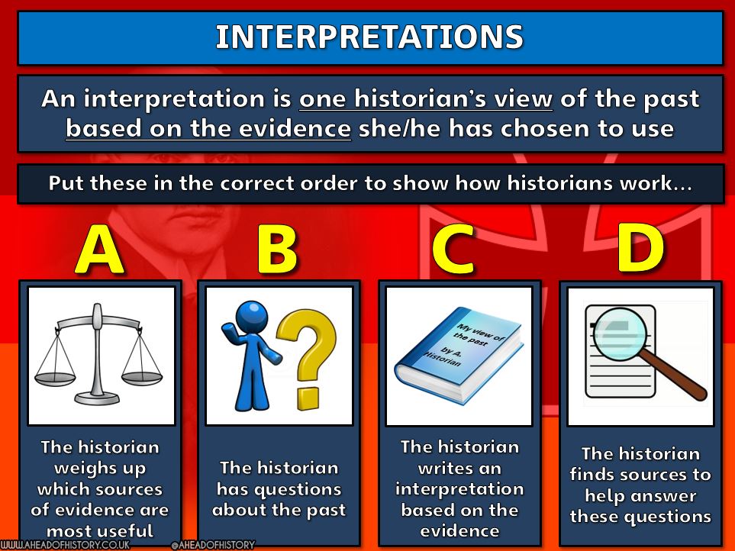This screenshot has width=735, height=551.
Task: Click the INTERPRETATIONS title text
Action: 369,37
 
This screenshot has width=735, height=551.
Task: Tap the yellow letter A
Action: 99,249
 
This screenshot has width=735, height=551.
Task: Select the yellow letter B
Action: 277,250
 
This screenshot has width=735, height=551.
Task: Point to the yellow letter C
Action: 453,249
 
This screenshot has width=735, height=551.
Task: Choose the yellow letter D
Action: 640,248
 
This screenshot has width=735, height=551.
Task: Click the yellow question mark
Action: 308,358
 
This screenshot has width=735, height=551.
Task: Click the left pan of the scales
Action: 55,379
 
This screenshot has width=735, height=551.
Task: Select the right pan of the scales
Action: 141,378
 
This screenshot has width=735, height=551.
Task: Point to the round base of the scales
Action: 97,398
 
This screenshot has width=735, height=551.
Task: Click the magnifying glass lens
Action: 620,333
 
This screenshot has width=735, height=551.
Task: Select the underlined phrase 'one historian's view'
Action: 426,99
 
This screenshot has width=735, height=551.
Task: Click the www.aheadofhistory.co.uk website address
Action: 65,545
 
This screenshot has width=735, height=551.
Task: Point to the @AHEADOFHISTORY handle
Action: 213,545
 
